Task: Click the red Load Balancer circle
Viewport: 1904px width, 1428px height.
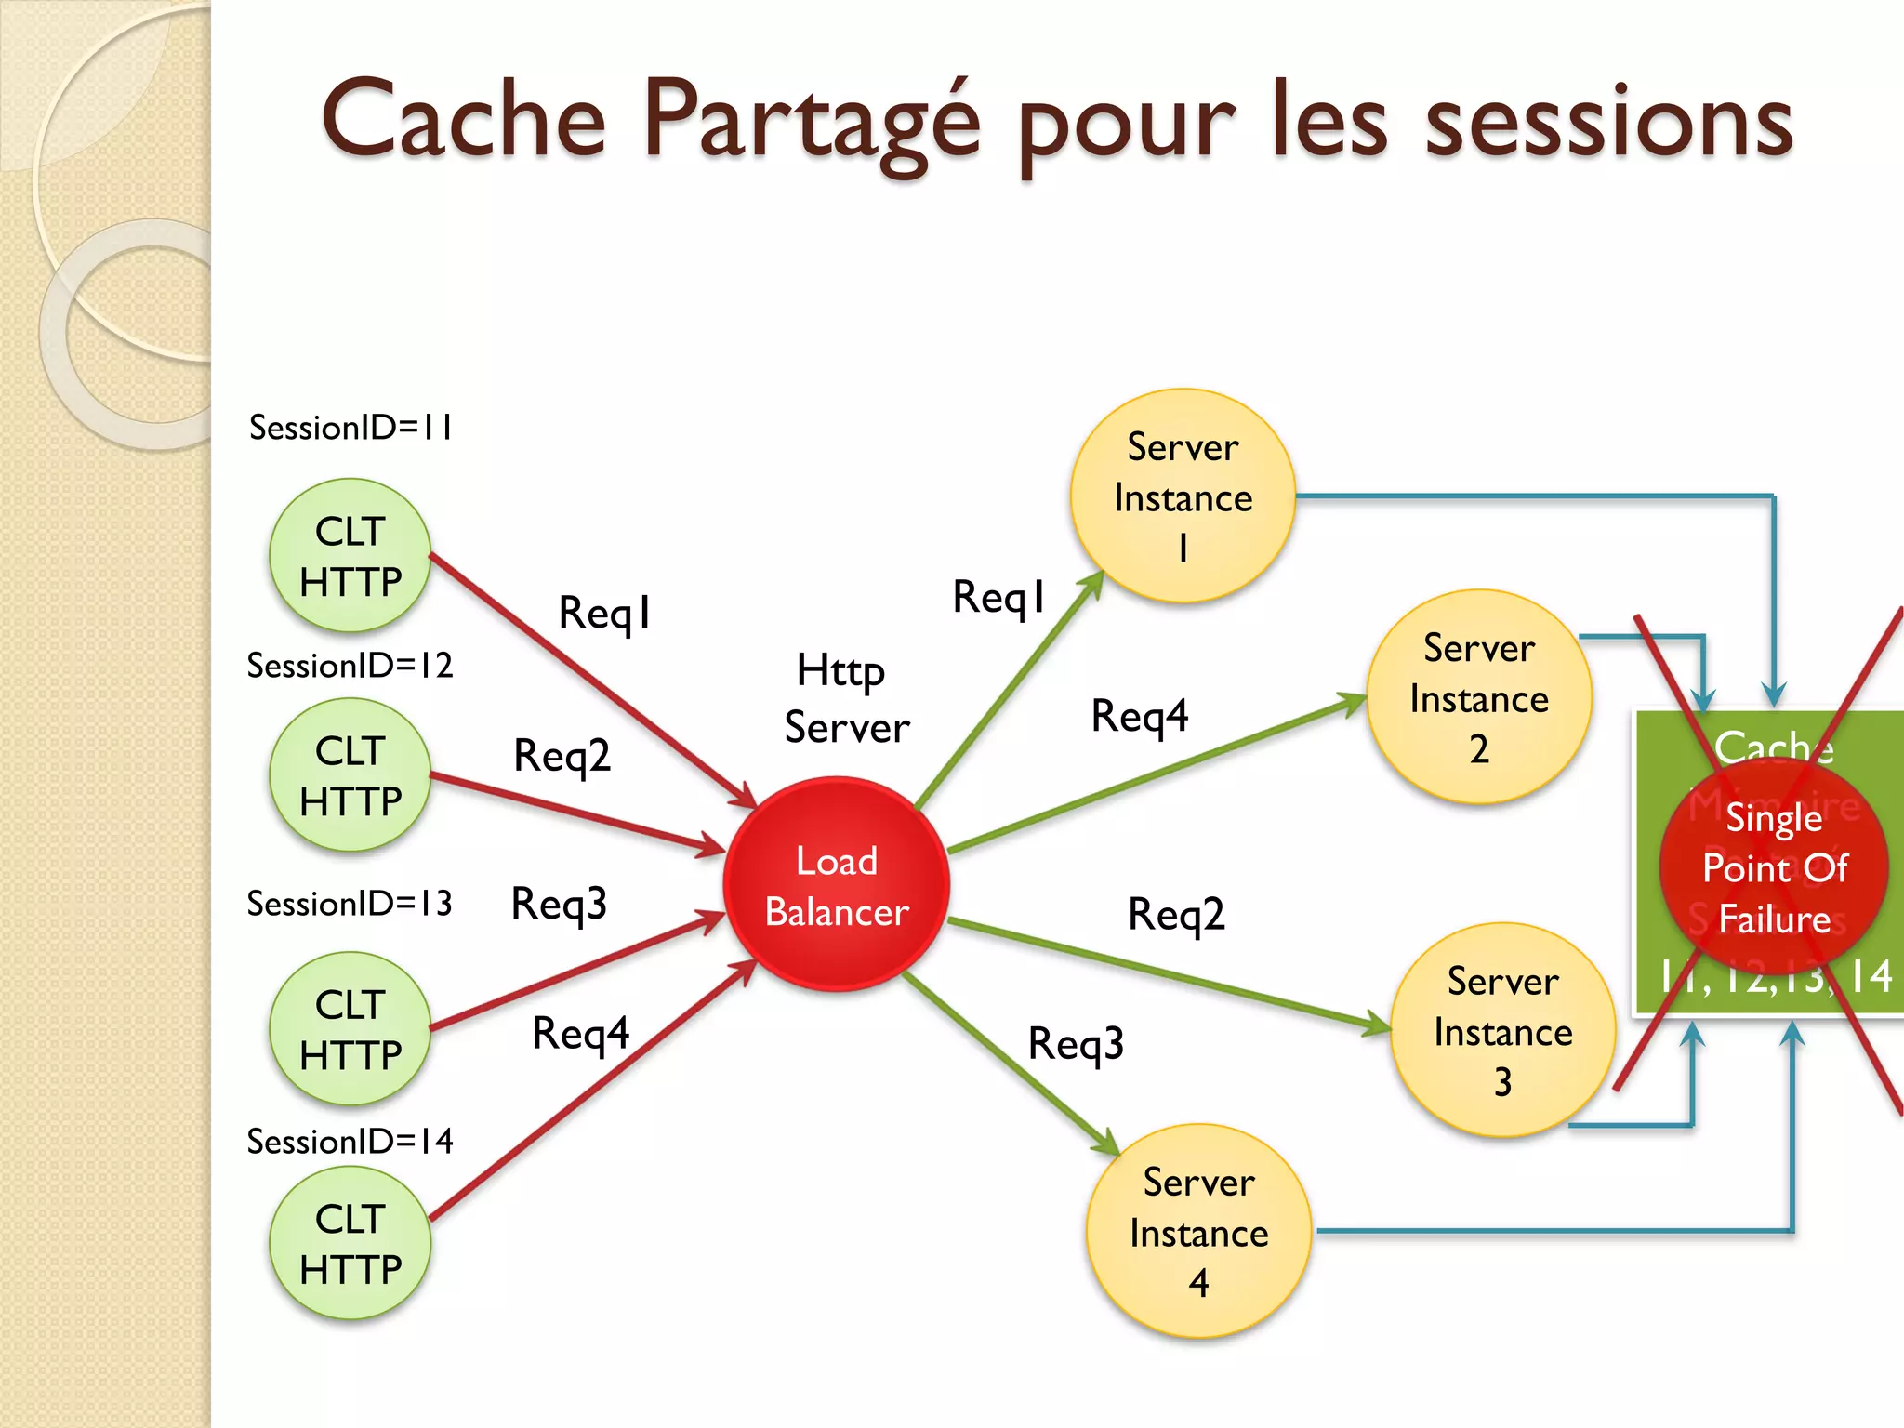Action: [836, 884]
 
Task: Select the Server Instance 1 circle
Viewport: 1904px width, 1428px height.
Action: [1183, 496]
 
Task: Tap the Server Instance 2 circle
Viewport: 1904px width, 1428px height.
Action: [1478, 697]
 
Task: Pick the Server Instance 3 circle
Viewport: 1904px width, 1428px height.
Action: [1502, 1030]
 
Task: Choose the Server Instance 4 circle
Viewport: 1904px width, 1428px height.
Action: [1198, 1232]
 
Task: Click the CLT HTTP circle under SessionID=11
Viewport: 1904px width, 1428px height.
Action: [350, 556]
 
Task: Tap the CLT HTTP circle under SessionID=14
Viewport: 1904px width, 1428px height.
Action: [350, 1243]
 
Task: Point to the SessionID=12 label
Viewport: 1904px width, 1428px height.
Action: [350, 666]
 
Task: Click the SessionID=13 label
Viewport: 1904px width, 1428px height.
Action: [350, 904]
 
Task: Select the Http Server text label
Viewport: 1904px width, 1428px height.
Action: [845, 699]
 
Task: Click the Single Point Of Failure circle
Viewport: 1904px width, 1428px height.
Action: [1774, 868]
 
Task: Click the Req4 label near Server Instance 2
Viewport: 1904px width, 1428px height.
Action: [1140, 716]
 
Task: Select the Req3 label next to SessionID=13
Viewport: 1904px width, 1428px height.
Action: [559, 904]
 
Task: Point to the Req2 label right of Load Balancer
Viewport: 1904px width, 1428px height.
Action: [1176, 915]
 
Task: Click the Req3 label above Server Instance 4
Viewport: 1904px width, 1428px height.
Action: [1076, 1043]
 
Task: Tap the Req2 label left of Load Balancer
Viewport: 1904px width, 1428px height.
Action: [562, 755]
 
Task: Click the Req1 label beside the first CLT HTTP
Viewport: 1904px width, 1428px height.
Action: [604, 613]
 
